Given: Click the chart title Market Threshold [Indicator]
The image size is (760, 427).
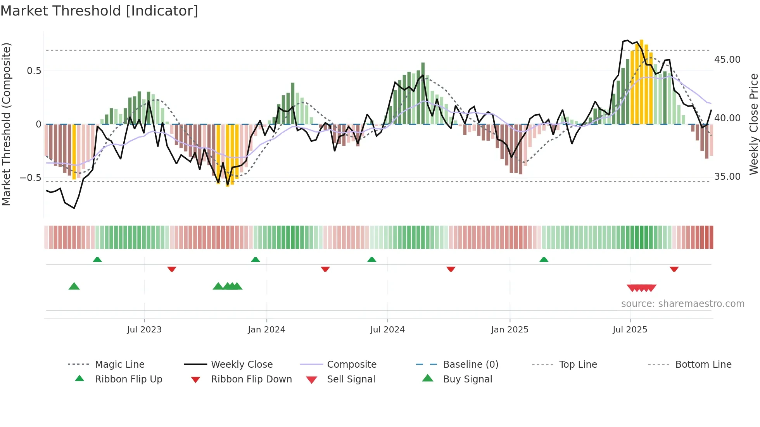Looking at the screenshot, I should tap(99, 11).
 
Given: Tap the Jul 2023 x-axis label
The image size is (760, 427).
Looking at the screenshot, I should tap(144, 330).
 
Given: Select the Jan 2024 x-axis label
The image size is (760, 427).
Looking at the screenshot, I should tap(266, 330).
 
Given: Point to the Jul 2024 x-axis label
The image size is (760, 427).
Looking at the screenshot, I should tap(387, 330).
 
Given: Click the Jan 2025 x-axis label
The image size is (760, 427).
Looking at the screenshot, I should tap(510, 330).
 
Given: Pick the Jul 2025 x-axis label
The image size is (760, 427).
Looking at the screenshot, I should tap(630, 330).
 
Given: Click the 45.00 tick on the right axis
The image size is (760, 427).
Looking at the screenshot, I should tap(727, 60).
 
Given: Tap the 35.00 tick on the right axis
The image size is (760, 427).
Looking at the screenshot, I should tap(727, 177).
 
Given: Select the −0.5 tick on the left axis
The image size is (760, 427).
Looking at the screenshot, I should tap(30, 178).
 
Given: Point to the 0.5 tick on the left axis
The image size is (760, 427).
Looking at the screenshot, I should tap(34, 71).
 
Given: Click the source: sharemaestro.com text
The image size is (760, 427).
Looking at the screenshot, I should tap(682, 304).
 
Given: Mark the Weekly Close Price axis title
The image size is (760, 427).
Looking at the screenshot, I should tap(753, 124).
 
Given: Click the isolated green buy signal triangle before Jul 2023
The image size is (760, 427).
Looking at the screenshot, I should tap(74, 286).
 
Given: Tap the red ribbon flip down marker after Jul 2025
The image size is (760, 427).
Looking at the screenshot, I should tap(674, 269).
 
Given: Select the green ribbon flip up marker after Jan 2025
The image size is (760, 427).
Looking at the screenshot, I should tap(544, 260).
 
